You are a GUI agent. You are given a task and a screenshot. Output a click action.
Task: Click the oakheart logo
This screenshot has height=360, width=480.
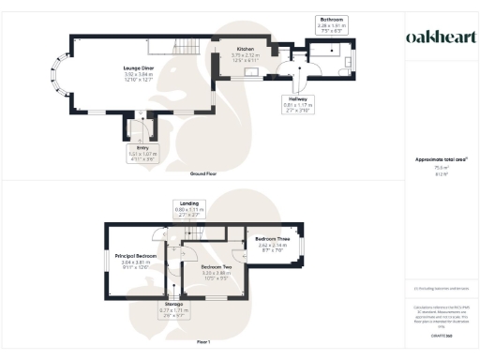point(439,37)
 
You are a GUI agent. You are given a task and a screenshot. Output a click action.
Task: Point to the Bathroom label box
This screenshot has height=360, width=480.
point(333,24)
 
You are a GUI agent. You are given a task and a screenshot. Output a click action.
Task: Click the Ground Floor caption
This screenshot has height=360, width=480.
point(204,174)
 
